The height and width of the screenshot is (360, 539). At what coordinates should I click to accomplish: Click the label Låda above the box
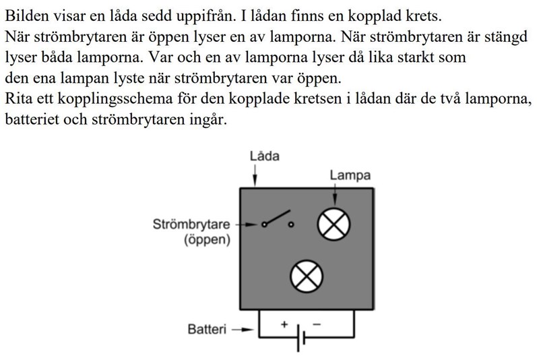(264, 156)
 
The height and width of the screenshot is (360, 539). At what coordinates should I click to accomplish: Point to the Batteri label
(207, 330)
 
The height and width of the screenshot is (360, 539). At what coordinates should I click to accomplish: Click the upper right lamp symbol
(334, 224)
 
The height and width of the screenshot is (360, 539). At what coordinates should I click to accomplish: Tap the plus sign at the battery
(284, 325)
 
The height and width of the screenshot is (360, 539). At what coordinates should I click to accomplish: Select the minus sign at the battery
(317, 324)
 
